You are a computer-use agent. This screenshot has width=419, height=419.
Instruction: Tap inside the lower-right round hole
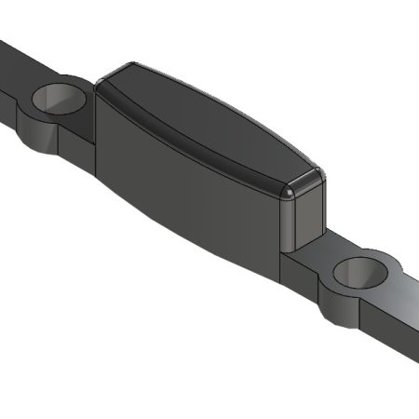coord(359,271)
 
